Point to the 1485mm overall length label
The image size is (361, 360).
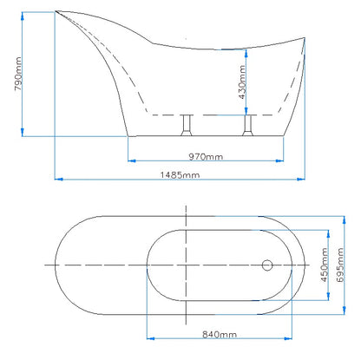179,173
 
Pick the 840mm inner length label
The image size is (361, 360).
218,333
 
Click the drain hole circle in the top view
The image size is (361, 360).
267,263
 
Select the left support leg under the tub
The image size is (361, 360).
185,126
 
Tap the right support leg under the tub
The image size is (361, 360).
247,126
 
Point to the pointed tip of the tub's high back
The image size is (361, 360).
57,12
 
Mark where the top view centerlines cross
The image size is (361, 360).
187,263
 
